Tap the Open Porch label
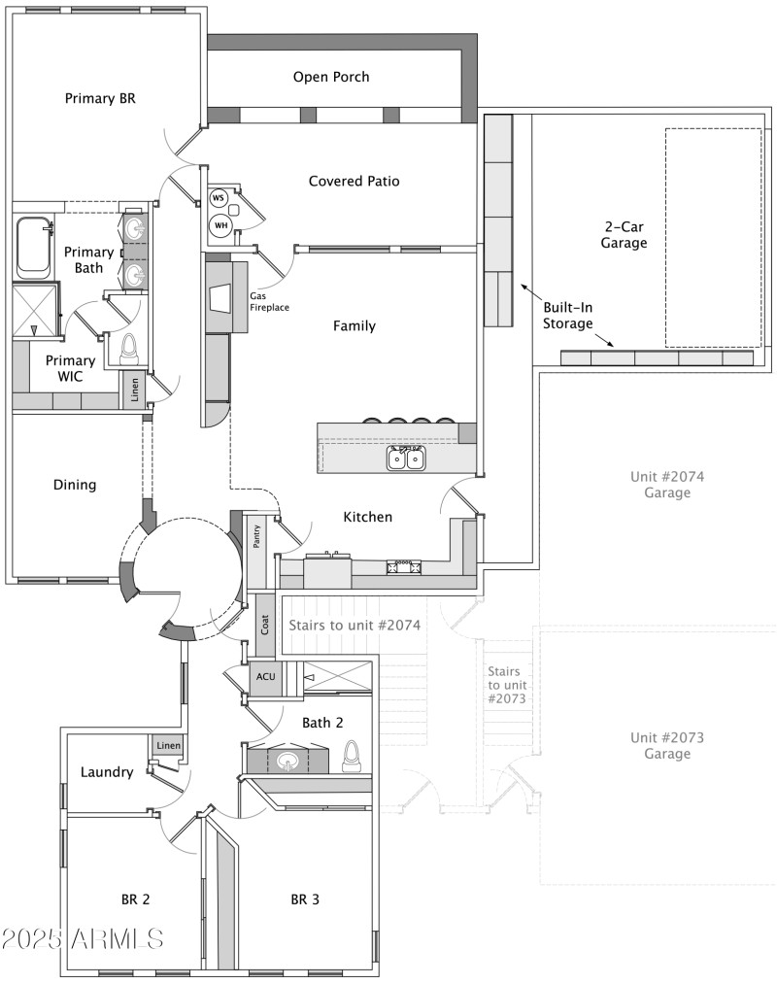tap(331, 77)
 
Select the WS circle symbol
tap(219, 198)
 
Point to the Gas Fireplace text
tap(270, 301)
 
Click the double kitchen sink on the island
tap(407, 458)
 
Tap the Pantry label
tap(257, 537)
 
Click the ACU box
tap(265, 677)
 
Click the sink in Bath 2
tap(287, 761)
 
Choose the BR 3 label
tap(305, 899)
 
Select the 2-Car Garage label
tap(624, 234)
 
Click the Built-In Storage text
tap(567, 315)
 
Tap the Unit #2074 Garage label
tap(666, 485)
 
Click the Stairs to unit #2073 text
tap(504, 685)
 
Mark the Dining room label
tap(75, 485)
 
